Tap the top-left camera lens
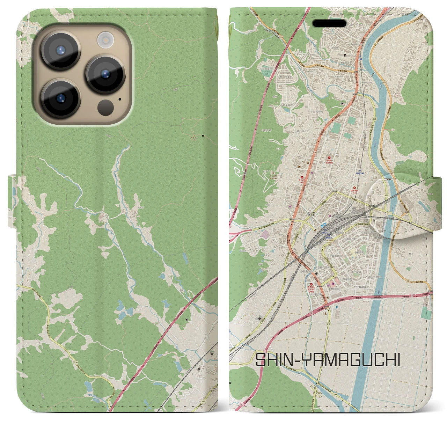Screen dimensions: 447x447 point(60,50)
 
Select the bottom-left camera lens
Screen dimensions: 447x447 point(60,98)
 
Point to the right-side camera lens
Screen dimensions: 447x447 point(105,74)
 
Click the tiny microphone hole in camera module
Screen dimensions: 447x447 point(120,99)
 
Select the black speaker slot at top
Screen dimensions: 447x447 point(329,23)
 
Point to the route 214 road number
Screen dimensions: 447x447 point(280,221)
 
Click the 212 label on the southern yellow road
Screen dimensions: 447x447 point(329,324)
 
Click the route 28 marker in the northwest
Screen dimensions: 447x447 point(281,37)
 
